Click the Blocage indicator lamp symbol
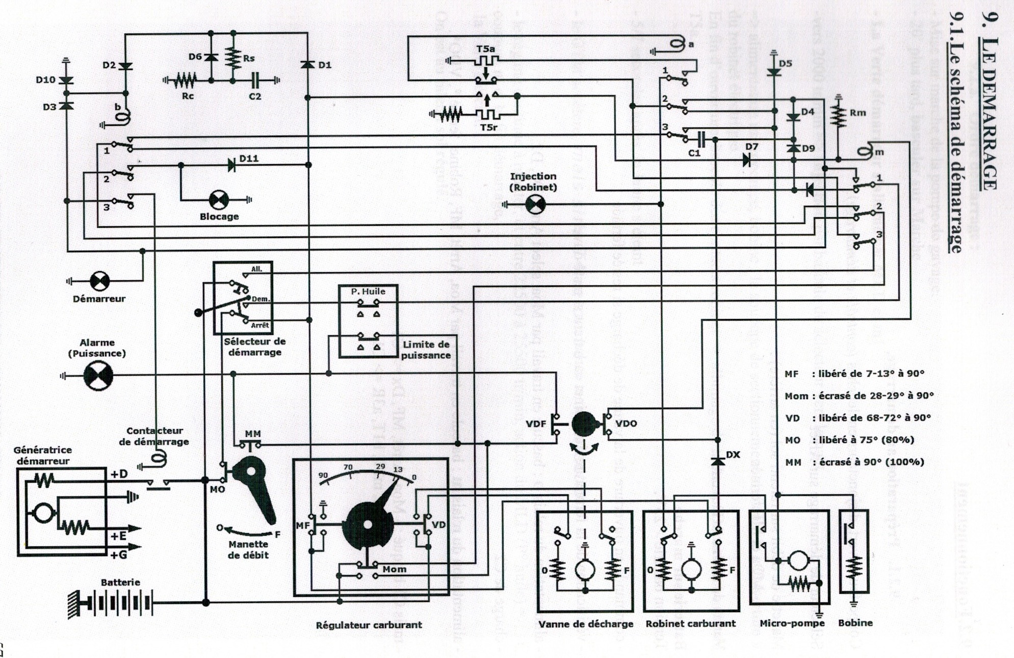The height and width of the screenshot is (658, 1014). pyautogui.click(x=219, y=200)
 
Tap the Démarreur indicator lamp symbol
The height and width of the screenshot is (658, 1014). pyautogui.click(x=99, y=281)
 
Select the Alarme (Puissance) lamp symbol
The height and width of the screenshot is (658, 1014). pyautogui.click(x=98, y=376)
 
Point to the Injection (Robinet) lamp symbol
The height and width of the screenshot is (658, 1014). pyautogui.click(x=535, y=204)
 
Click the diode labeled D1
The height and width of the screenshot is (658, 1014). pyautogui.click(x=307, y=65)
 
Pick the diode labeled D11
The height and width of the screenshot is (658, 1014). pyautogui.click(x=231, y=165)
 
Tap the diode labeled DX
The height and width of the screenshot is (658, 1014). pyautogui.click(x=718, y=461)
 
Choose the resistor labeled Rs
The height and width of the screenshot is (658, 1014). pyautogui.click(x=233, y=58)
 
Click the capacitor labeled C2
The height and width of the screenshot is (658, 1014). pyautogui.click(x=255, y=80)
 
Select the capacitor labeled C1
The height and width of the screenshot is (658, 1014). pyautogui.click(x=701, y=139)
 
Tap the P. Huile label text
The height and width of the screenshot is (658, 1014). pyautogui.click(x=368, y=292)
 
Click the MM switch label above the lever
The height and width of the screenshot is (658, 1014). pyautogui.click(x=253, y=434)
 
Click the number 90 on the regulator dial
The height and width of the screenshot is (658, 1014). pyautogui.click(x=323, y=475)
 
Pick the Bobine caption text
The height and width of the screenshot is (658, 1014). pyautogui.click(x=855, y=623)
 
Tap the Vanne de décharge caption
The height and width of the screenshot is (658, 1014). pyautogui.click(x=586, y=624)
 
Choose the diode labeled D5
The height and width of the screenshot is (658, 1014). pyautogui.click(x=774, y=72)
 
